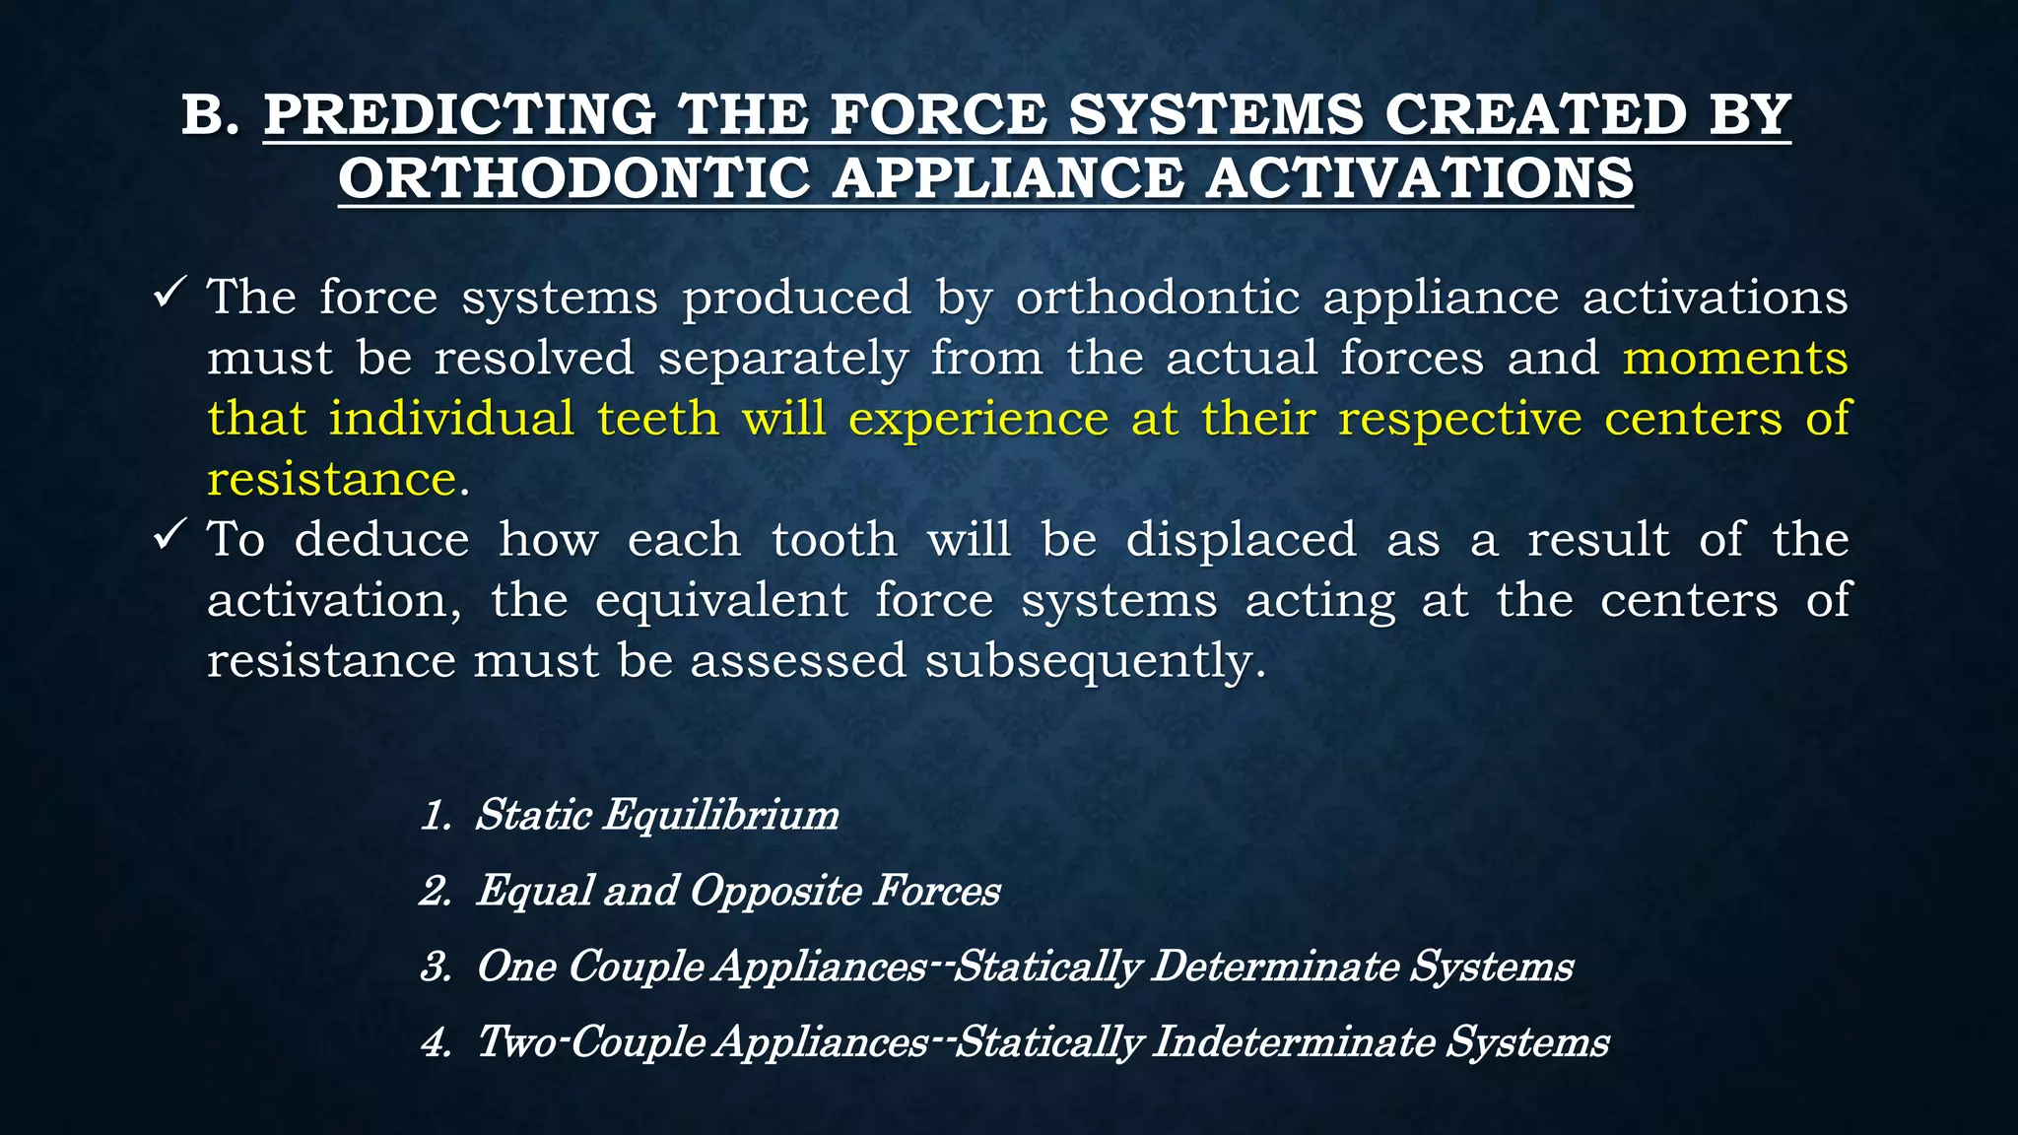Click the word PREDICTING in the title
(459, 114)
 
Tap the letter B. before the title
(211, 114)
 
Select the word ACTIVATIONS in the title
(1420, 178)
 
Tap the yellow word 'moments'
(1735, 358)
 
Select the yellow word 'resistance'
(331, 480)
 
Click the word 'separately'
(783, 358)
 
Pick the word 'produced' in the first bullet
(797, 298)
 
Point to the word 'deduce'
(382, 540)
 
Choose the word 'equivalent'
(722, 600)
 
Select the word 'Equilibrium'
(721, 816)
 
